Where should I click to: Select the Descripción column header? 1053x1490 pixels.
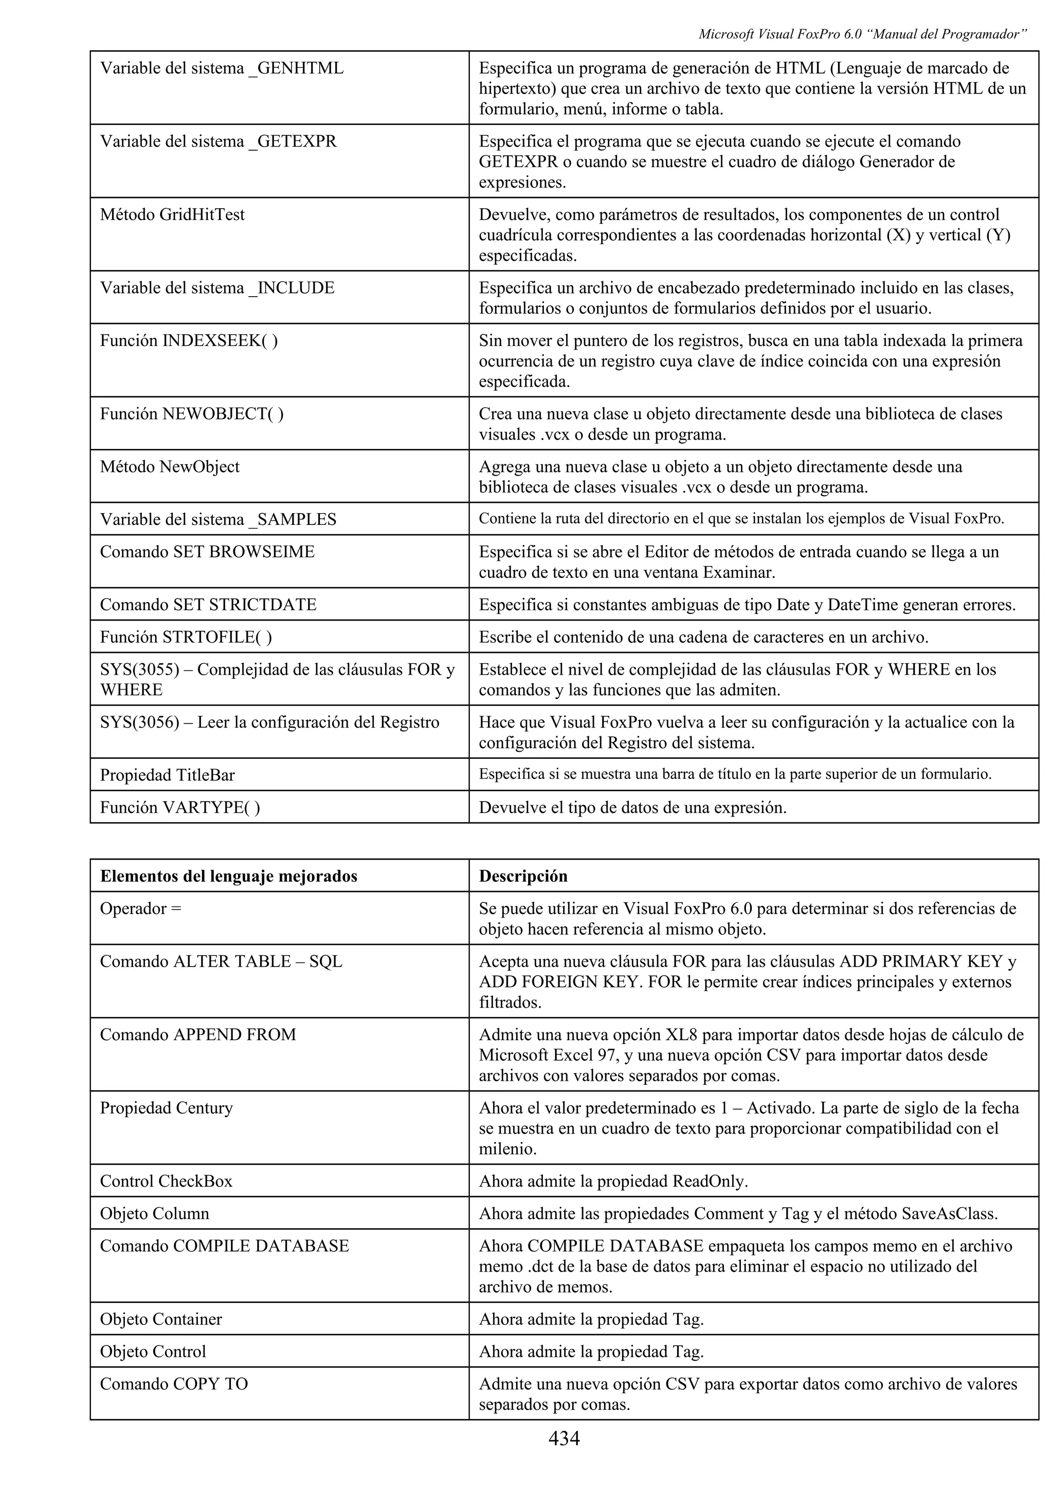(x=523, y=876)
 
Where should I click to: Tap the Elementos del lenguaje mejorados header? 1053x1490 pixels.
(x=228, y=876)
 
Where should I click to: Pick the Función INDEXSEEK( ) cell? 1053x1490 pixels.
(x=189, y=341)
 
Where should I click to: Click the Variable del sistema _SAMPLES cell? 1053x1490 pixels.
(x=218, y=519)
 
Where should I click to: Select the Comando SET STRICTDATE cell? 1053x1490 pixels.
(x=208, y=605)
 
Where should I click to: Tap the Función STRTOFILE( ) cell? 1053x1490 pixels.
(x=186, y=637)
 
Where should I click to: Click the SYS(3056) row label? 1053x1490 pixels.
(x=269, y=722)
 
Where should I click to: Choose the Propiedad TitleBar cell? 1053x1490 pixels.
(x=168, y=775)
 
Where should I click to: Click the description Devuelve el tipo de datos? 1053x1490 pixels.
(x=632, y=807)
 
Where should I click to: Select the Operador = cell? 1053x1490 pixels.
(x=141, y=908)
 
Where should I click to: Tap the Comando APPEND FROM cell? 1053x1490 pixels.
(x=198, y=1034)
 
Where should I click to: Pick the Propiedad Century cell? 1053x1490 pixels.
(x=166, y=1108)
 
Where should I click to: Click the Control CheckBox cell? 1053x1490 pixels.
(x=166, y=1181)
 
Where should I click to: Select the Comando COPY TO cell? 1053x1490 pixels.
(x=174, y=1384)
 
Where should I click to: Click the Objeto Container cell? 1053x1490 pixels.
(x=161, y=1319)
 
